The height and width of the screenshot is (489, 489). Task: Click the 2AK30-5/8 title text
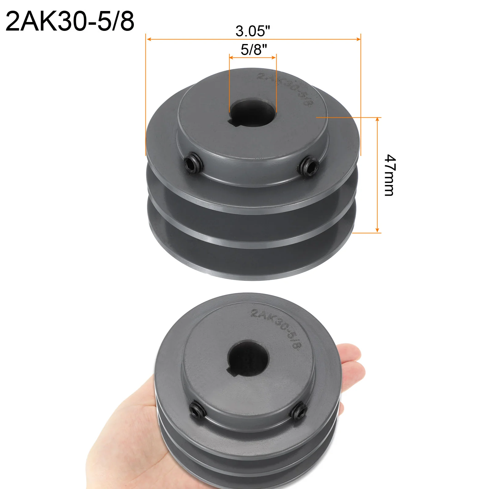pyautogui.click(x=70, y=21)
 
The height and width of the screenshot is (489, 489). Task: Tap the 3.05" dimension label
pyautogui.click(x=253, y=31)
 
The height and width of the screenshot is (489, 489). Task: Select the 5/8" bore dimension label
pyautogui.click(x=254, y=50)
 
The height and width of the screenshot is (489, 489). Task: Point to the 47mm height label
pyautogui.click(x=390, y=175)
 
